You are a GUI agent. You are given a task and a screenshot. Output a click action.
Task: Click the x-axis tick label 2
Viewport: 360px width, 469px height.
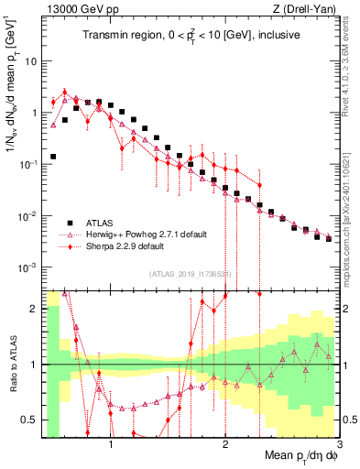point(225,441)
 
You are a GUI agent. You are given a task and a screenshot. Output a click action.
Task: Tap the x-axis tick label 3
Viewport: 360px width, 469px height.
point(339,441)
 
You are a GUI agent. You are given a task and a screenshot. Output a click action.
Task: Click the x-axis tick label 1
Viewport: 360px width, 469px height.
point(111,441)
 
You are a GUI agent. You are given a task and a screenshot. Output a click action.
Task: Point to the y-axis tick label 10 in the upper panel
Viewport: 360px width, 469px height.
point(29,60)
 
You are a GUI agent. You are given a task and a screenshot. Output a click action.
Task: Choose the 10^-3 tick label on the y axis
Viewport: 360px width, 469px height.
point(27,267)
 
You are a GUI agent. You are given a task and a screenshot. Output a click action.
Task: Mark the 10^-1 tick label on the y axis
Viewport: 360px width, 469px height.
point(27,164)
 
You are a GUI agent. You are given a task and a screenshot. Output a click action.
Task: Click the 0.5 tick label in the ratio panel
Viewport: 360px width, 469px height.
point(30,420)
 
